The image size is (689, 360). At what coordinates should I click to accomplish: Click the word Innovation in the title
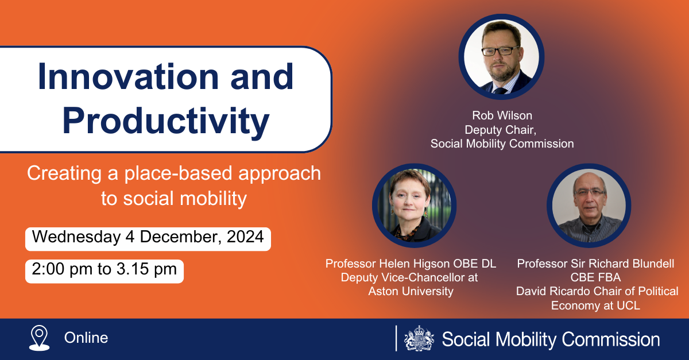coord(128,76)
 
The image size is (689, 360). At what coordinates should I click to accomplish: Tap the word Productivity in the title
coord(166,121)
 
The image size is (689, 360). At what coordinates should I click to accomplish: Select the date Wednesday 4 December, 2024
coord(148,237)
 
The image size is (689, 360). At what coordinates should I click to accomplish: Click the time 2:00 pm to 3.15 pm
coord(104,269)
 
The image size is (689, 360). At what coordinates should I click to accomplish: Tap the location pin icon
coord(40,338)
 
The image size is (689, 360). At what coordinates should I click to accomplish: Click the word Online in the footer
coord(86,338)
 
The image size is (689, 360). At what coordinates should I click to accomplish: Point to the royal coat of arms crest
coord(419,338)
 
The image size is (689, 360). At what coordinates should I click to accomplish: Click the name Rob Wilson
coord(502,115)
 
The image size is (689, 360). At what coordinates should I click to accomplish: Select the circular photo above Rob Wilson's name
coord(501,57)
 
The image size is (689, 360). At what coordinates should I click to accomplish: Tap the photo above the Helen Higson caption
coord(415,206)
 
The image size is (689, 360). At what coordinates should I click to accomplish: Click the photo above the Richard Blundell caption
coord(589,206)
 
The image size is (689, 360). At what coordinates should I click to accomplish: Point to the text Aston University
coord(411,291)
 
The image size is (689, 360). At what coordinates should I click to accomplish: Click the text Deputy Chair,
coord(501,130)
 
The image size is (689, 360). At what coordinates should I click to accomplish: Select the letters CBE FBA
coord(595,277)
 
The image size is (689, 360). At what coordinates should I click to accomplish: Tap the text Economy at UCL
coord(595,305)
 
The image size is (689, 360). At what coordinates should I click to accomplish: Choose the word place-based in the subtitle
coord(178,173)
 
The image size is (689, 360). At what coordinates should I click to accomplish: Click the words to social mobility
coord(174,199)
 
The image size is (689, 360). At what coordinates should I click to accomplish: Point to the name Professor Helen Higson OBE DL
coord(411,264)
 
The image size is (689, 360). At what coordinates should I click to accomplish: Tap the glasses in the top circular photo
coord(501,51)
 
